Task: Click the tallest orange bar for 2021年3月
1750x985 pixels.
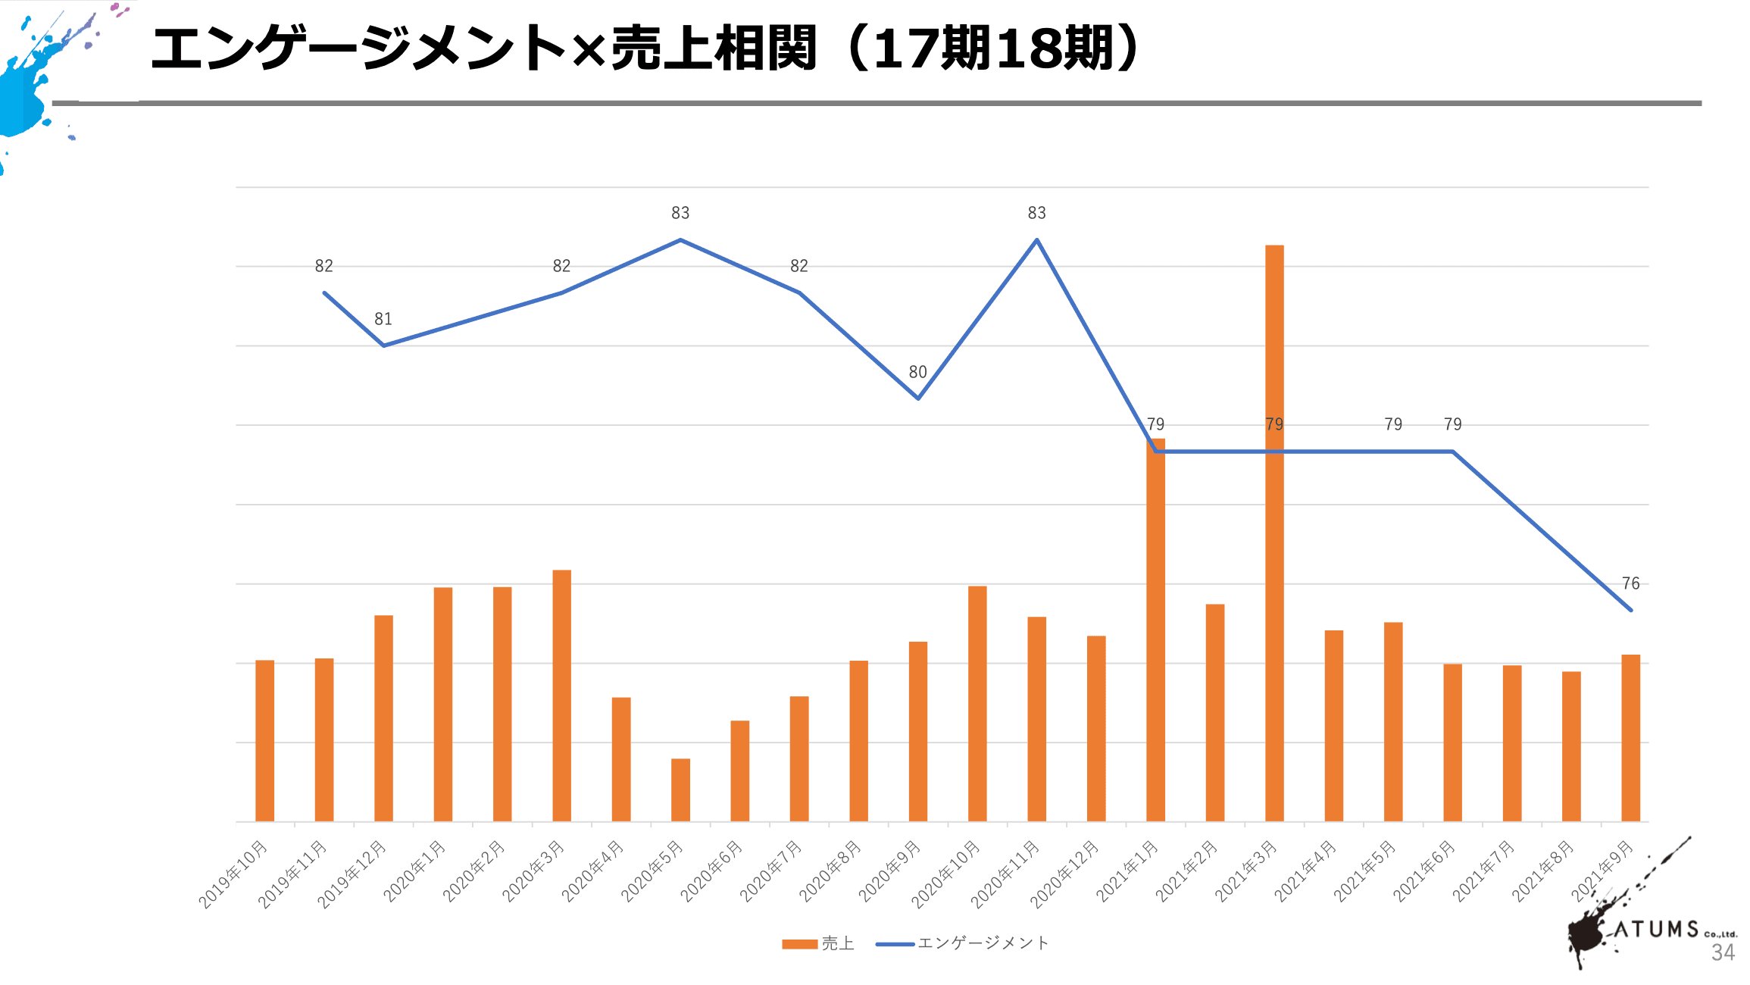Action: click(x=1274, y=530)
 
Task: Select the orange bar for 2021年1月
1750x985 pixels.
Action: click(x=1155, y=629)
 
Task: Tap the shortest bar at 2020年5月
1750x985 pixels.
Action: click(x=680, y=790)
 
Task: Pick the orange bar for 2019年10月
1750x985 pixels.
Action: click(x=264, y=740)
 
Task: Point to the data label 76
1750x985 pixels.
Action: click(x=1630, y=583)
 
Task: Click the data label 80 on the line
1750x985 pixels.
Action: click(x=917, y=372)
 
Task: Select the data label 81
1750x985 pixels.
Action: click(x=383, y=319)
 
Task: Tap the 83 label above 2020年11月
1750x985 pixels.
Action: click(x=1036, y=213)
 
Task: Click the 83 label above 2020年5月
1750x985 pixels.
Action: click(x=680, y=213)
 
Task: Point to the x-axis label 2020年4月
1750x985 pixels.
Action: click(x=594, y=871)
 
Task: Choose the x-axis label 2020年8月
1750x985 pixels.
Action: click(x=831, y=871)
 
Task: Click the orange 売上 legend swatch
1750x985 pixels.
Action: click(x=799, y=943)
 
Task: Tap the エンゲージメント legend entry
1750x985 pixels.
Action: click(x=983, y=943)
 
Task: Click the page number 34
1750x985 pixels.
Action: click(x=1723, y=952)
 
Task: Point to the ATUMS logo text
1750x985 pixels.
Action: click(x=1656, y=929)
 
